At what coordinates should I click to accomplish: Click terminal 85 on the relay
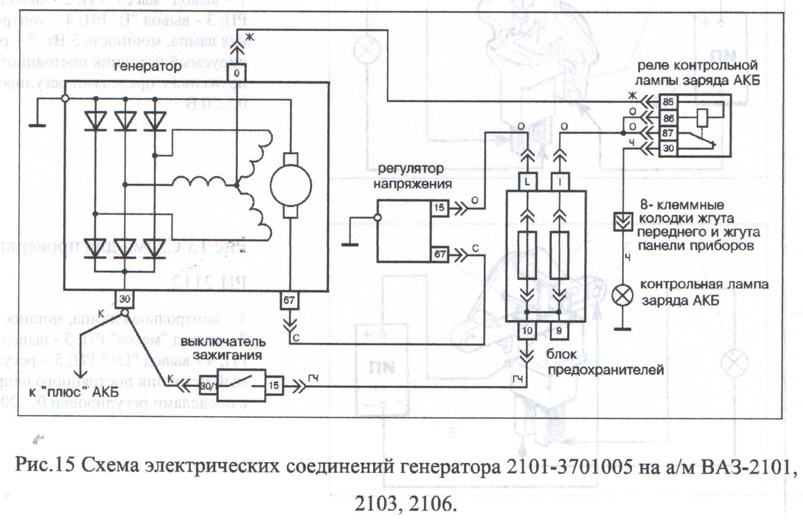pyautogui.click(x=668, y=103)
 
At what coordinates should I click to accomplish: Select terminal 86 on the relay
pyautogui.click(x=668, y=118)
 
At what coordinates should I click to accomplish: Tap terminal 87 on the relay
pyautogui.click(x=668, y=133)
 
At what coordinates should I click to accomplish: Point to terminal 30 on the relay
pyautogui.click(x=668, y=148)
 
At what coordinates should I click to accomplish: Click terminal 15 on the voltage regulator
pyautogui.click(x=439, y=208)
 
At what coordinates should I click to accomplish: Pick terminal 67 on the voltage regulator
pyautogui.click(x=439, y=254)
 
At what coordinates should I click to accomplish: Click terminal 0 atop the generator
pyautogui.click(x=237, y=72)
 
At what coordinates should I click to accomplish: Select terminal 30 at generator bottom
pyautogui.click(x=125, y=298)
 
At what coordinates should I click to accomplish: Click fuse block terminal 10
pyautogui.click(x=528, y=330)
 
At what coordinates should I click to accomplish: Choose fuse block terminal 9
pyautogui.click(x=559, y=330)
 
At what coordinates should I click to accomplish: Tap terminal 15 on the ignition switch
pyautogui.click(x=274, y=385)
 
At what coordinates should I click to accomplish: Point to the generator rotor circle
pyautogui.click(x=291, y=185)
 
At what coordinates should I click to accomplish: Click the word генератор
pyautogui.click(x=148, y=67)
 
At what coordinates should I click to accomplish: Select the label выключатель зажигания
pyautogui.click(x=223, y=349)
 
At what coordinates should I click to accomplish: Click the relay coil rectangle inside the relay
pyautogui.click(x=702, y=118)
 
